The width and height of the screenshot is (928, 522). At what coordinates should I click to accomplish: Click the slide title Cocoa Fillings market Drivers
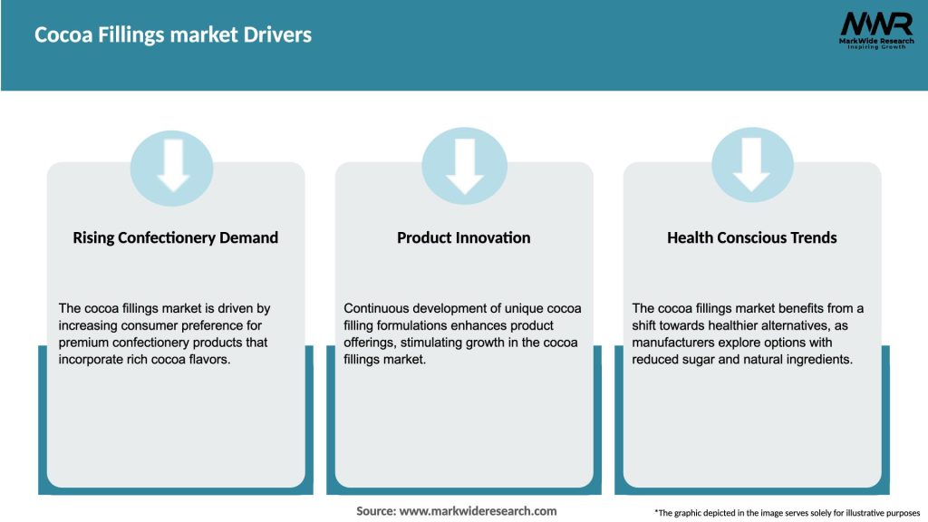(x=173, y=35)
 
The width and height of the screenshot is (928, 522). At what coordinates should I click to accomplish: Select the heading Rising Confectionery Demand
(x=175, y=237)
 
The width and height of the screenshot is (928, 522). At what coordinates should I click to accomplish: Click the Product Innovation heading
(x=463, y=237)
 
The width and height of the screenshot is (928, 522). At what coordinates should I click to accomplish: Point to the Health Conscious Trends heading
(x=751, y=237)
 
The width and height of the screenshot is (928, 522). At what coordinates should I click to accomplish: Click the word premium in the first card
(x=84, y=343)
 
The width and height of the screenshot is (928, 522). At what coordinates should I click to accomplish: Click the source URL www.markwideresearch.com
(x=478, y=511)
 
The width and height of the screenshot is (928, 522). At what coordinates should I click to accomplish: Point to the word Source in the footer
(x=375, y=511)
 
